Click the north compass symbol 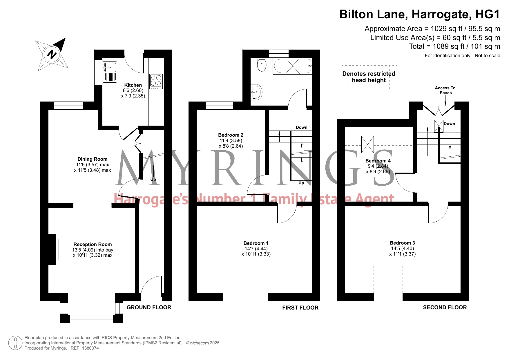click(52, 54)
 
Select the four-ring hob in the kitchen click(156, 82)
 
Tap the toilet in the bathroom click(262, 65)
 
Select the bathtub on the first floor click(292, 66)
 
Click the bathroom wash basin click(256, 92)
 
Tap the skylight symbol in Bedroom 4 click(367, 144)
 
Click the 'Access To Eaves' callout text click(445, 90)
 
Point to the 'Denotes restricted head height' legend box click(369, 77)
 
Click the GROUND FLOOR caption click(149, 307)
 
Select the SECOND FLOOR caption click(445, 307)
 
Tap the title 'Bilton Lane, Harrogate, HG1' click(420, 15)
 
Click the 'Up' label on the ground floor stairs click(153, 179)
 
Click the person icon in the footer click(15, 343)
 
